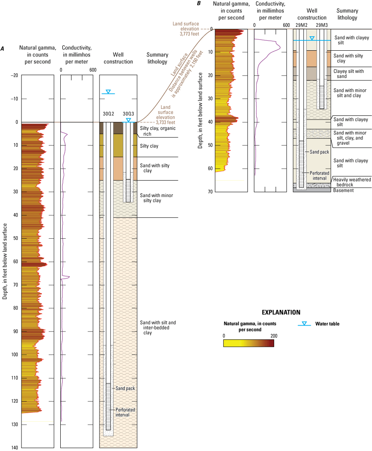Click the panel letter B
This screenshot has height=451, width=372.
click(x=199, y=4)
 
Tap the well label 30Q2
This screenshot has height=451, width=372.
click(x=108, y=114)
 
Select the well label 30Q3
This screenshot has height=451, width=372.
click(x=129, y=114)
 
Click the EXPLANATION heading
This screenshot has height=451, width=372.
click(x=281, y=312)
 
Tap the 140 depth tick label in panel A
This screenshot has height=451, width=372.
click(x=14, y=448)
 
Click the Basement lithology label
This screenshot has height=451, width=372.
click(x=344, y=190)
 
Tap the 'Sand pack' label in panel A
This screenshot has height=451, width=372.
click(x=125, y=388)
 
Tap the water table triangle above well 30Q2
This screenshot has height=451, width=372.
click(x=108, y=92)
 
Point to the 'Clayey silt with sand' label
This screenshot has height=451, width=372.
click(x=349, y=74)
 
